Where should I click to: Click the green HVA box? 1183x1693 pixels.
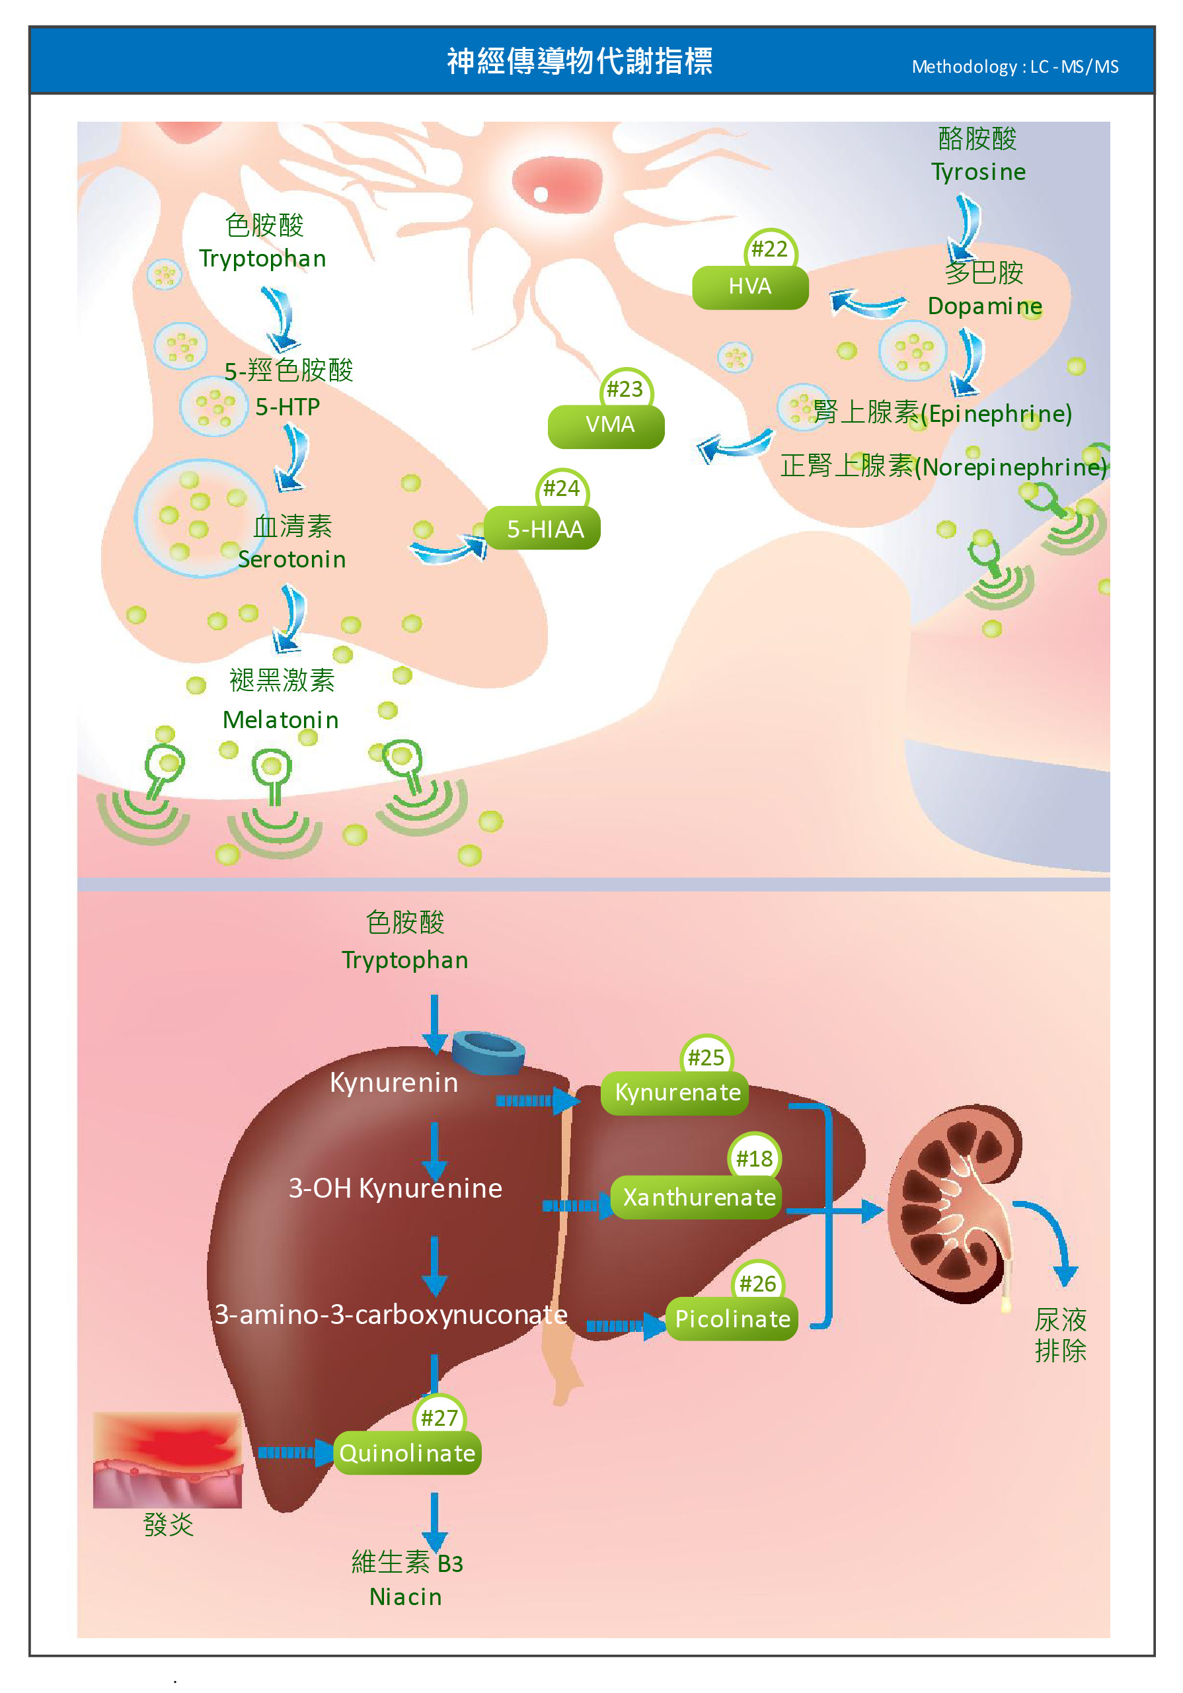(x=749, y=288)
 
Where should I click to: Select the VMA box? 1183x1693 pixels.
(x=606, y=426)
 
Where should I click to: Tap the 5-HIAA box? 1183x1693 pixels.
(x=543, y=528)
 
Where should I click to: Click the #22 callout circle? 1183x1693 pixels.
(x=769, y=249)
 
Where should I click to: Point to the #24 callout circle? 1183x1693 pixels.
(x=561, y=488)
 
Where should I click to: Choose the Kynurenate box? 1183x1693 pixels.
(x=675, y=1093)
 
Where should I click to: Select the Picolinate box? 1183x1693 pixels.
(x=731, y=1319)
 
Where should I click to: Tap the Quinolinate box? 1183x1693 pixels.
(x=407, y=1453)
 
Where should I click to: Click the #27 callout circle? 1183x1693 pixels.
(x=439, y=1417)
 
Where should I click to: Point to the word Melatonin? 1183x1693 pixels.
(x=281, y=720)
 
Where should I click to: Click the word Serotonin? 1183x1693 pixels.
(x=292, y=559)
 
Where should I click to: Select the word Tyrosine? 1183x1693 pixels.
(x=978, y=173)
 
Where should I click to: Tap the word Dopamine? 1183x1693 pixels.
(x=984, y=306)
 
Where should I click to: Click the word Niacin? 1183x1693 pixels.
(x=405, y=1597)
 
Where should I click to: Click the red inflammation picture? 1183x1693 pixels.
(x=167, y=1460)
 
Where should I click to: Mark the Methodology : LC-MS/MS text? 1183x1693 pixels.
(x=1014, y=67)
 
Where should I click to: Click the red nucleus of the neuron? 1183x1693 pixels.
(x=556, y=185)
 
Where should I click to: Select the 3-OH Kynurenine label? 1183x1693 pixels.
(x=395, y=1188)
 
